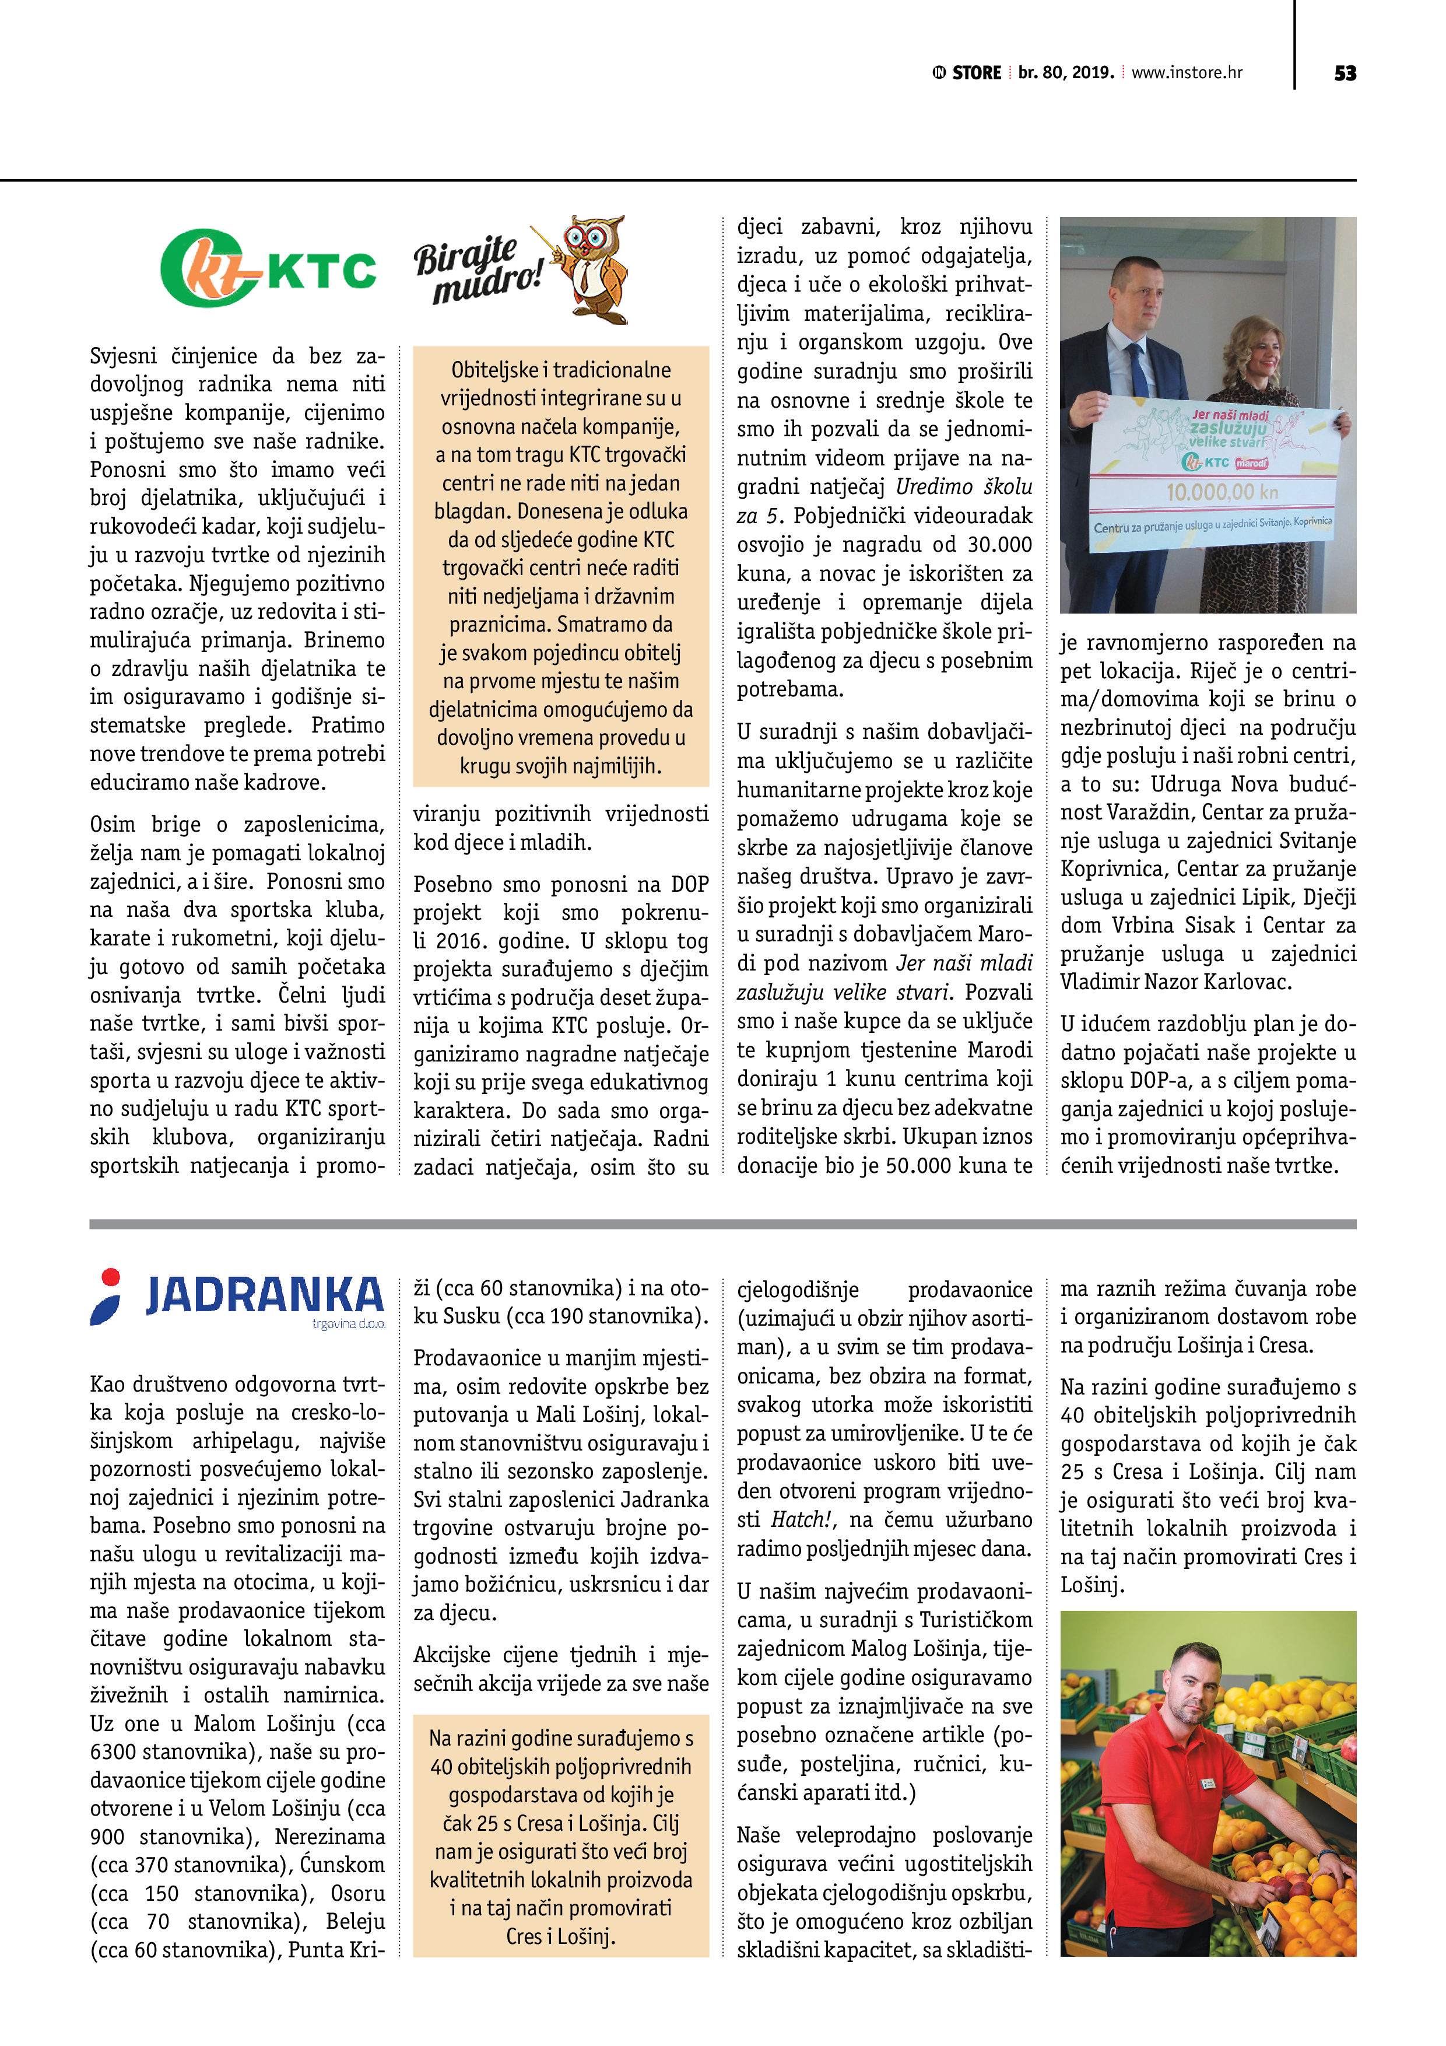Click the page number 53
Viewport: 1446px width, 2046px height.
[x=1345, y=73]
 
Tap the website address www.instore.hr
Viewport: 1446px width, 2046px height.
[x=1186, y=73]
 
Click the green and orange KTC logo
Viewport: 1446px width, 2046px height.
[x=267, y=269]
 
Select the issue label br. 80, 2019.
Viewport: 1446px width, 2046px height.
[x=1066, y=73]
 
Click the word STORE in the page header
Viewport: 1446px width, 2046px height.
[x=977, y=73]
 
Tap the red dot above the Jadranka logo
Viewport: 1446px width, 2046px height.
[x=110, y=1276]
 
